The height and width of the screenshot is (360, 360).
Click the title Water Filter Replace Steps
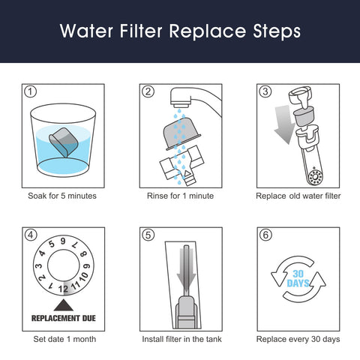[180, 31]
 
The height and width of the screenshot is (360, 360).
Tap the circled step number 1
[31, 92]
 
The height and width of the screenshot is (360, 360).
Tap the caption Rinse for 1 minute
[180, 196]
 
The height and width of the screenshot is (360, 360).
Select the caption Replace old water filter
[297, 196]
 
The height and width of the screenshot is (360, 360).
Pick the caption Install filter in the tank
[180, 337]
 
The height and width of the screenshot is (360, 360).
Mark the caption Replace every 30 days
[297, 337]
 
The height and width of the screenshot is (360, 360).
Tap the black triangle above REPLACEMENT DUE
[63, 301]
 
